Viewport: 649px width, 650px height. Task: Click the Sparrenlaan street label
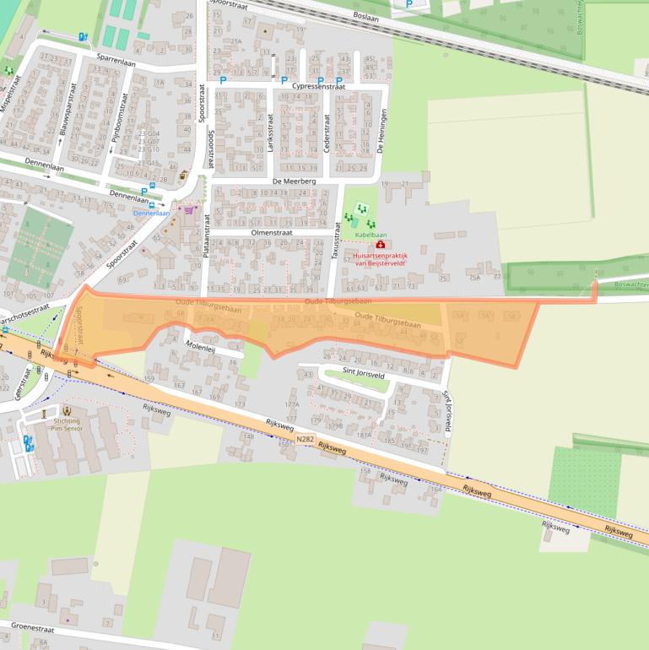pos(116,61)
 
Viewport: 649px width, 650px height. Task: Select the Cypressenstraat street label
pos(318,86)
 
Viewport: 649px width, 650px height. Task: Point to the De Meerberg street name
pos(294,181)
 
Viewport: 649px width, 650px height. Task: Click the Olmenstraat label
pos(270,232)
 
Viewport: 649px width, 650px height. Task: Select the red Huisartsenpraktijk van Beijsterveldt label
pos(380,258)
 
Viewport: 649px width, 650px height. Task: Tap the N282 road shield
pos(305,439)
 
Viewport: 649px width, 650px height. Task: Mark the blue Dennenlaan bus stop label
pos(151,213)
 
